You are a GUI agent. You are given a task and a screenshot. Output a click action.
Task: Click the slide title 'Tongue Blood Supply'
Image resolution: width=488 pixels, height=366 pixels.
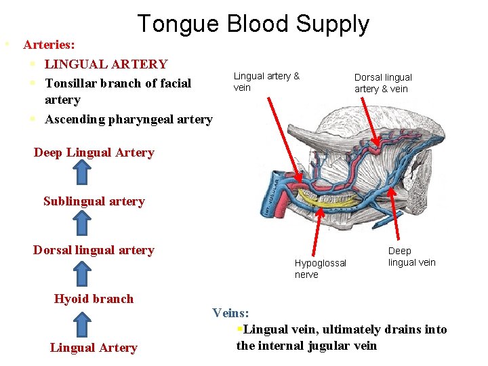(253, 24)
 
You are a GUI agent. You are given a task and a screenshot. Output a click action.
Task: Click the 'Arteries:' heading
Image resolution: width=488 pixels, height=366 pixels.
(49, 45)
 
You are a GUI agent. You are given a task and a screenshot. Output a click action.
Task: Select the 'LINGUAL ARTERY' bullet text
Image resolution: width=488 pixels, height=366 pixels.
(106, 64)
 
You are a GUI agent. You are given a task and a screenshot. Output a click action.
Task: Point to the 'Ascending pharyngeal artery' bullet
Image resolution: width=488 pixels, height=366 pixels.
(128, 120)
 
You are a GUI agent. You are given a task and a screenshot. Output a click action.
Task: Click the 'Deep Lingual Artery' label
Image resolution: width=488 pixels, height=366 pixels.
(94, 152)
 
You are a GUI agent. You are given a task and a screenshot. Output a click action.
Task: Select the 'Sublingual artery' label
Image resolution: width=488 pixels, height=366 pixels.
(94, 201)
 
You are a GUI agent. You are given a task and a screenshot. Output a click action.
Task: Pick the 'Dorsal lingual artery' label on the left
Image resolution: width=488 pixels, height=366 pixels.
(94, 250)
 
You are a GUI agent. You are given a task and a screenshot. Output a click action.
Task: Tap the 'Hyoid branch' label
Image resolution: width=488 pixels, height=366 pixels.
(94, 299)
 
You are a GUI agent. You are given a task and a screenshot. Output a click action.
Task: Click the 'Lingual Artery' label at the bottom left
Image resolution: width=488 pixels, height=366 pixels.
(94, 348)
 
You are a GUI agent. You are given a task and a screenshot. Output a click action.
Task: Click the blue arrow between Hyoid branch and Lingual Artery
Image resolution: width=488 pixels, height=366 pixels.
(82, 323)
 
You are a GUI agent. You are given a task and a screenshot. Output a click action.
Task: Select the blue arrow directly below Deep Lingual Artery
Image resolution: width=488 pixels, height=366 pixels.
(82, 174)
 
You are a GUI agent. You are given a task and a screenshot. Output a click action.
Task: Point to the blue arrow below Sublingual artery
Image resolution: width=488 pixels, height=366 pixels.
(82, 222)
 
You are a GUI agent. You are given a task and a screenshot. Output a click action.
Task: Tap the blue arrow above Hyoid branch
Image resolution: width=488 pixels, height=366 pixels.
(82, 272)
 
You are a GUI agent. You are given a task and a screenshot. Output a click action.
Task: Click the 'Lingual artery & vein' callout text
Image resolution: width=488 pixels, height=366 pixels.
(266, 81)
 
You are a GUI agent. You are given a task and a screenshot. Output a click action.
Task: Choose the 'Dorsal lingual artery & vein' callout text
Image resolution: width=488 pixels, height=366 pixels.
(383, 83)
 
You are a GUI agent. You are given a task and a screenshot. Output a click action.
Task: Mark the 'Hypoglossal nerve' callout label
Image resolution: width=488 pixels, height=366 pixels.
(320, 268)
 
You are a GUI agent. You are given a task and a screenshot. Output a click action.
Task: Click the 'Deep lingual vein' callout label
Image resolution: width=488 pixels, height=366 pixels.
(411, 257)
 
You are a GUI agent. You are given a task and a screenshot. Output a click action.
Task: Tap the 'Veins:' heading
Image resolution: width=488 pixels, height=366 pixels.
(230, 313)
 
